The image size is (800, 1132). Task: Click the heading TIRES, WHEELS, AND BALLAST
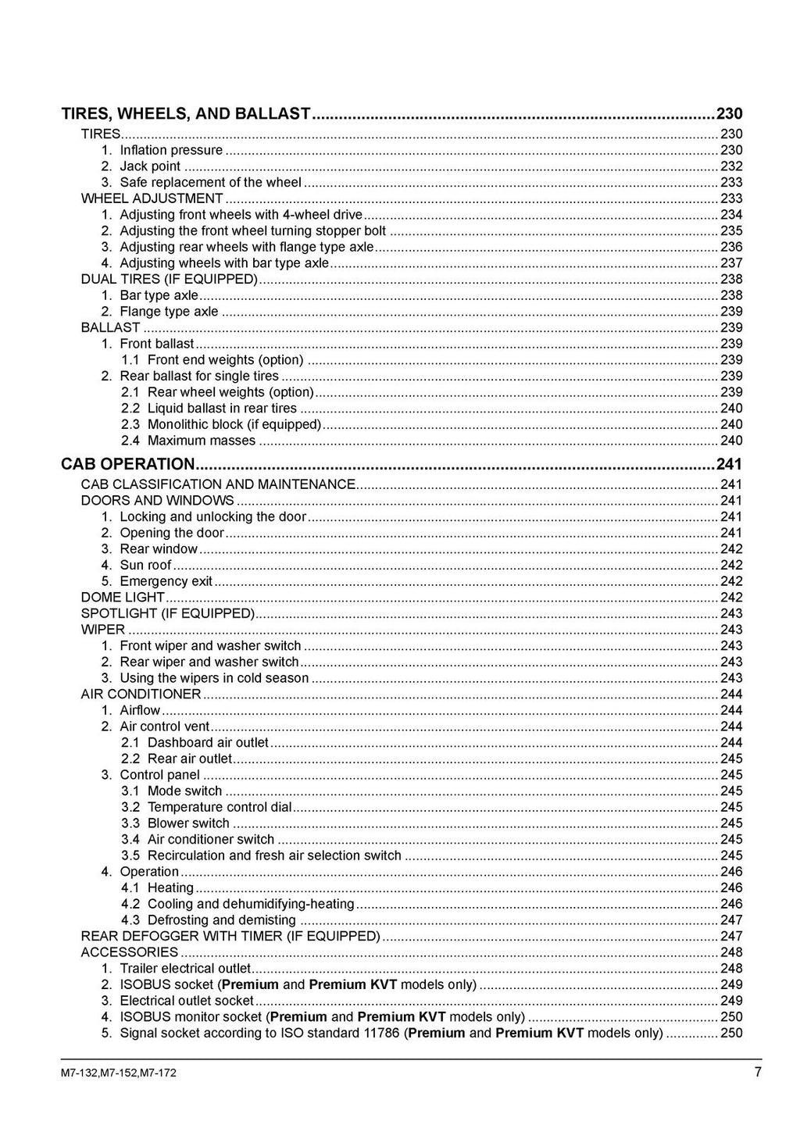click(x=186, y=114)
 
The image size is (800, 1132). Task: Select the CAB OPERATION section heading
click(x=127, y=464)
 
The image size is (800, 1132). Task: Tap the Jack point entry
click(x=149, y=166)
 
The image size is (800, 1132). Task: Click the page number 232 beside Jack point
click(x=731, y=166)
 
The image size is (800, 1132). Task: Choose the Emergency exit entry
click(x=166, y=581)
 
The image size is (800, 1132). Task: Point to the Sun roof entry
click(x=145, y=565)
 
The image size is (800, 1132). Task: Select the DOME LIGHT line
click(x=123, y=598)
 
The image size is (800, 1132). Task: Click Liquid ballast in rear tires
click(x=222, y=409)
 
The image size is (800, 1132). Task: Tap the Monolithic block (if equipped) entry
click(x=234, y=425)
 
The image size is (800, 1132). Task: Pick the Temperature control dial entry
click(x=219, y=807)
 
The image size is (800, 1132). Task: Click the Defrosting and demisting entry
click(x=221, y=920)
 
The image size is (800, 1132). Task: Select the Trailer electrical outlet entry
click(x=185, y=969)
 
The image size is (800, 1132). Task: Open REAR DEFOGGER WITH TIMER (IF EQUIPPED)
click(x=230, y=936)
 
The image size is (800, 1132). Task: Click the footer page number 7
click(x=758, y=1072)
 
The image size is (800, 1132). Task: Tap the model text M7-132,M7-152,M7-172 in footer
click(x=118, y=1073)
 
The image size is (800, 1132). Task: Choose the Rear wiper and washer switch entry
click(x=209, y=662)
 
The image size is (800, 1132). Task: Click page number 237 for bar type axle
click(x=731, y=263)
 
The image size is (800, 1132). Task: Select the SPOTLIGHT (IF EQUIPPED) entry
click(x=168, y=613)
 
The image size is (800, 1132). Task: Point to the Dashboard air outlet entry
click(x=207, y=742)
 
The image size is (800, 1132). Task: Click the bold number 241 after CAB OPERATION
click(x=729, y=464)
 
